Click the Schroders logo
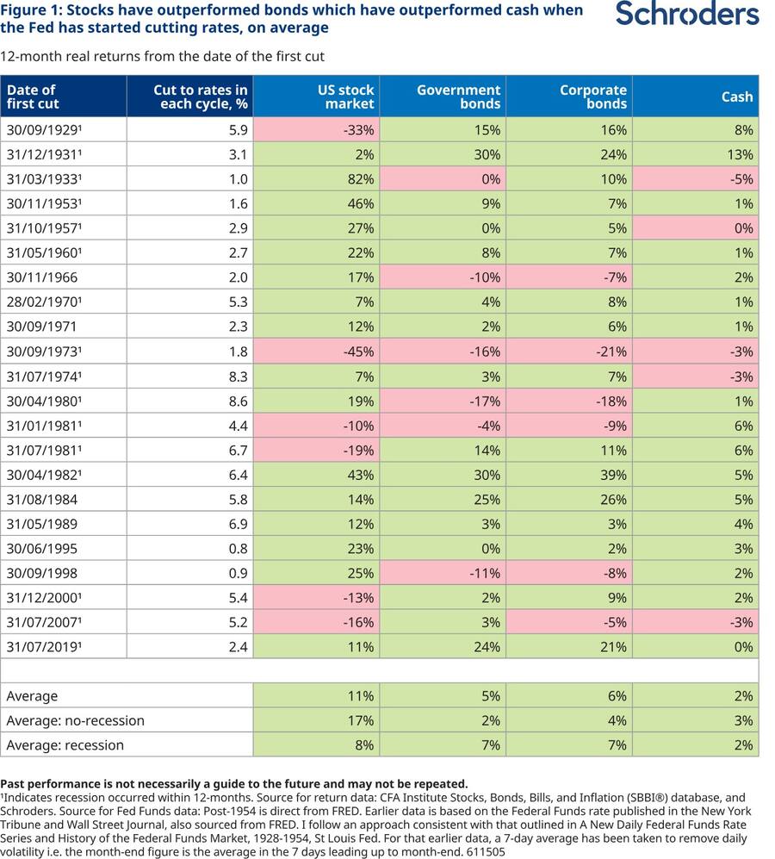click(x=687, y=14)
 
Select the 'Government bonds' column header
click(x=458, y=97)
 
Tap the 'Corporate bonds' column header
click(x=593, y=97)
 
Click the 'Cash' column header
click(x=737, y=97)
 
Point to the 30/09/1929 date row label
click(x=45, y=130)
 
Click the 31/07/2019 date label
click(x=45, y=647)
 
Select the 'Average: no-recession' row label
click(x=76, y=721)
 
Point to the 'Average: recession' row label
click(x=65, y=745)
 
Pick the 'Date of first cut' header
click(x=33, y=97)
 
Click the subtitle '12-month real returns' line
click(x=162, y=56)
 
